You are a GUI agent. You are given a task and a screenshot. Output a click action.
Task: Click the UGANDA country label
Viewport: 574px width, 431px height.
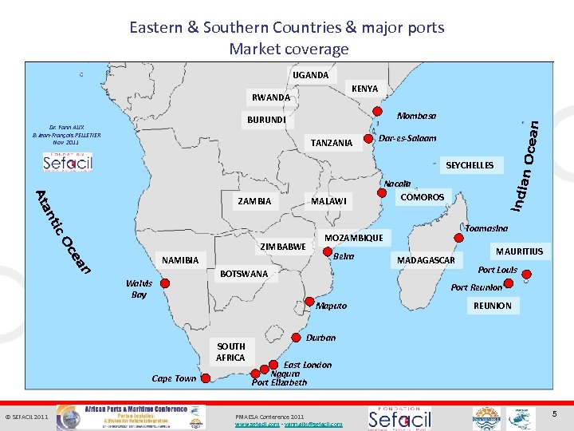click(x=310, y=75)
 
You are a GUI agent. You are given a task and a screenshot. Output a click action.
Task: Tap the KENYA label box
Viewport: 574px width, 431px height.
click(x=364, y=89)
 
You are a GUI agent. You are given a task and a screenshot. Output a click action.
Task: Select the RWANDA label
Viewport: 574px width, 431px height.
click(x=271, y=98)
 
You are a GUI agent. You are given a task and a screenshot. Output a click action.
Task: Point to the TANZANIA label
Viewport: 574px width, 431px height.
click(x=332, y=143)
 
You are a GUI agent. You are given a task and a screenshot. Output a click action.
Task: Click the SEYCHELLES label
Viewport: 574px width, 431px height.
click(x=470, y=165)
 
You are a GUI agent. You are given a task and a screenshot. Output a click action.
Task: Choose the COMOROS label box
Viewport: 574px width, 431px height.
click(x=422, y=197)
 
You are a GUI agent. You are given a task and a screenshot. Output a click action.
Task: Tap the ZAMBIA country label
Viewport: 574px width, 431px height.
click(x=254, y=201)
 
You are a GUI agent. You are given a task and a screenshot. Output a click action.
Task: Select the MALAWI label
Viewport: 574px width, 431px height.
click(x=329, y=201)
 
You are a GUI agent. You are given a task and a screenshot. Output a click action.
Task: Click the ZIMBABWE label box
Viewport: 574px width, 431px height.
click(x=283, y=247)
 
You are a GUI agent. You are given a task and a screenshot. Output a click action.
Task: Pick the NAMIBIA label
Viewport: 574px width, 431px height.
click(x=180, y=260)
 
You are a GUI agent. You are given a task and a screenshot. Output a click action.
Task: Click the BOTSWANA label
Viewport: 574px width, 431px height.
click(x=244, y=274)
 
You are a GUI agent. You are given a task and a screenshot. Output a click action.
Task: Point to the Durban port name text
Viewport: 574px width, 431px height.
click(x=321, y=338)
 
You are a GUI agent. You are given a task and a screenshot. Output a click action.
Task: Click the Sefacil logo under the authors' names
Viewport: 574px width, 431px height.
click(x=68, y=161)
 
